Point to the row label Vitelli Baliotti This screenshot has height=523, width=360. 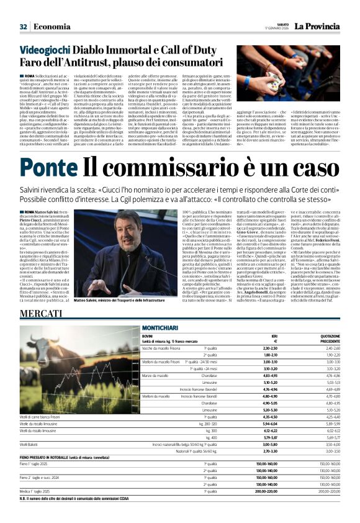pyautogui.click(x=29, y=445)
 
